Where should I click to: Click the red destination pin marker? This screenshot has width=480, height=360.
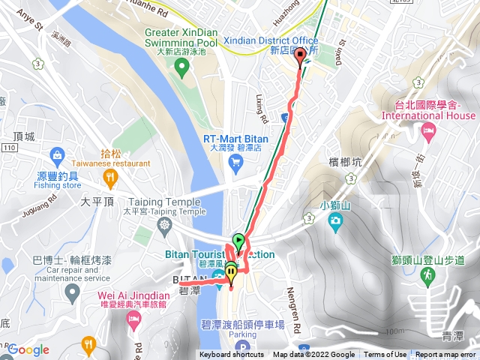pyautogui.click(x=301, y=55)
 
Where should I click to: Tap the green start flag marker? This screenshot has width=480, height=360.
pyautogui.click(x=238, y=241)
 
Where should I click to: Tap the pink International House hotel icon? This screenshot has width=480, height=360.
pyautogui.click(x=428, y=133)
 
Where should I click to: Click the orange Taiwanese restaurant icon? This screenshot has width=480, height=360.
pyautogui.click(x=110, y=177)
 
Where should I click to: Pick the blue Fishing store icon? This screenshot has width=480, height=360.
pyautogui.click(x=57, y=156)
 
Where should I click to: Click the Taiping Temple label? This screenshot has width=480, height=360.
pyautogui.click(x=164, y=202)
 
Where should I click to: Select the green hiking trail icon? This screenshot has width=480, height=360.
pyautogui.click(x=428, y=276)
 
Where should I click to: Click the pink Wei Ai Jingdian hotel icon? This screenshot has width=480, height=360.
pyautogui.click(x=134, y=320)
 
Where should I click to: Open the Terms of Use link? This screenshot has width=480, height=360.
pyautogui.click(x=385, y=355)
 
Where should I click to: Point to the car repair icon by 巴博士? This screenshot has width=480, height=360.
pyautogui.click(x=72, y=290)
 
